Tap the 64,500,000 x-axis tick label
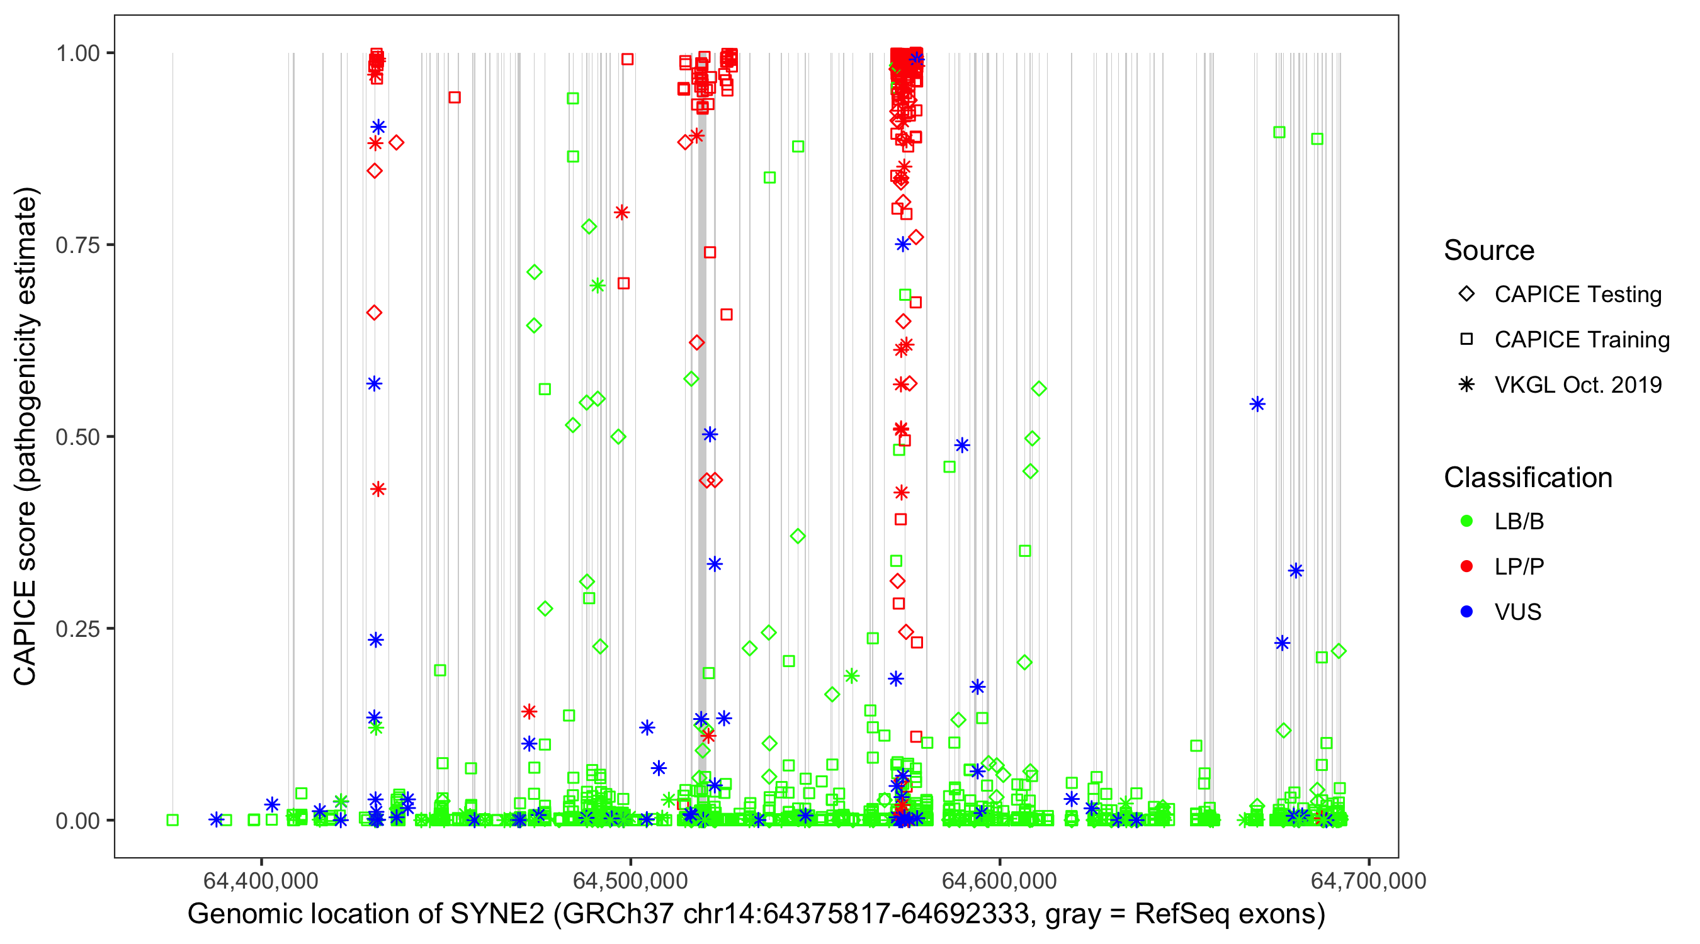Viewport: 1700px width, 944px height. pyautogui.click(x=630, y=880)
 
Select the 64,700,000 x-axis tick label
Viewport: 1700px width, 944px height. pyautogui.click(x=1369, y=880)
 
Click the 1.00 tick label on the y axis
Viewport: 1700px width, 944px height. pyautogui.click(x=77, y=53)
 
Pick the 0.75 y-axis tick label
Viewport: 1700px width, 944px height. pyautogui.click(x=77, y=245)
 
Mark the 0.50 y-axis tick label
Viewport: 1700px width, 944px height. pyautogui.click(x=77, y=437)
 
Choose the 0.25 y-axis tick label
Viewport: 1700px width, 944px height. pyautogui.click(x=77, y=629)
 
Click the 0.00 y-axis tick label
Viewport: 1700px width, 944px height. pyautogui.click(x=77, y=821)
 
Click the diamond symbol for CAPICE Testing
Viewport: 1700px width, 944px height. pyautogui.click(x=1466, y=295)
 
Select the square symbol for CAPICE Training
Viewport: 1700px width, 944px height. pyautogui.click(x=1466, y=340)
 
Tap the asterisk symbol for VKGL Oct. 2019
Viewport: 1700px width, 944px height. pyautogui.click(x=1466, y=385)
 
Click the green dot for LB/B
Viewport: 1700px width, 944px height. pyautogui.click(x=1466, y=521)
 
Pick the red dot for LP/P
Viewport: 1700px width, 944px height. pyautogui.click(x=1466, y=566)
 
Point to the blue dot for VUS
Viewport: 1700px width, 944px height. pyautogui.click(x=1466, y=612)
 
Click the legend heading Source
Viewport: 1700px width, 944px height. pyautogui.click(x=1489, y=250)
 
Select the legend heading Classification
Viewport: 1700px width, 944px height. pyautogui.click(x=1527, y=478)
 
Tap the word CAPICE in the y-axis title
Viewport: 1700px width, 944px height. pyautogui.click(x=25, y=633)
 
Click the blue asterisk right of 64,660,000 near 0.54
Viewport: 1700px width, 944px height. pyautogui.click(x=1257, y=405)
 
